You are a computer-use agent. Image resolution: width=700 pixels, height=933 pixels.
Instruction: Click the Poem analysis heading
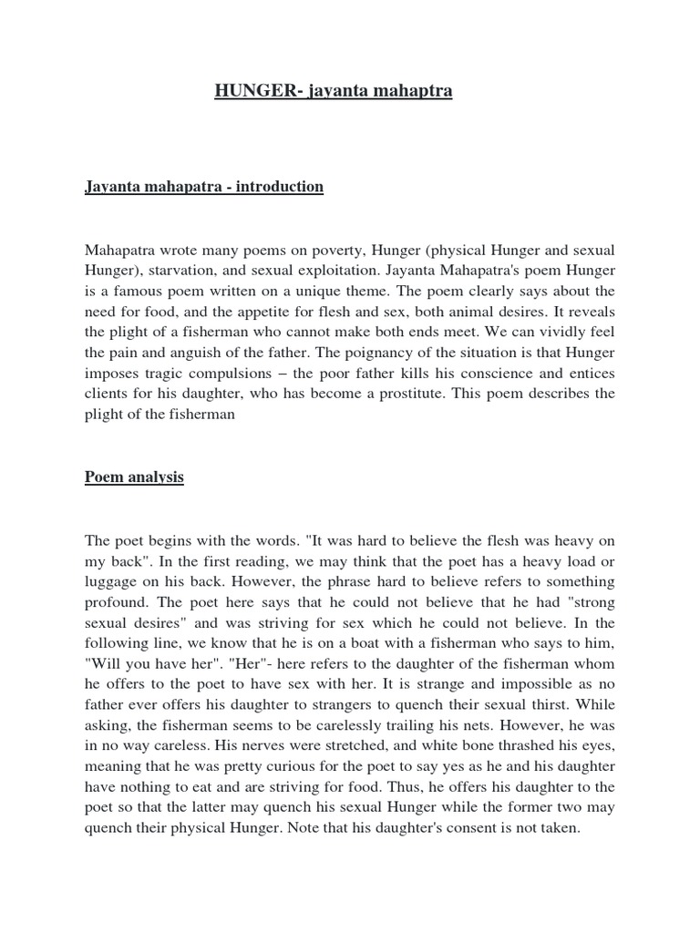coord(134,477)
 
